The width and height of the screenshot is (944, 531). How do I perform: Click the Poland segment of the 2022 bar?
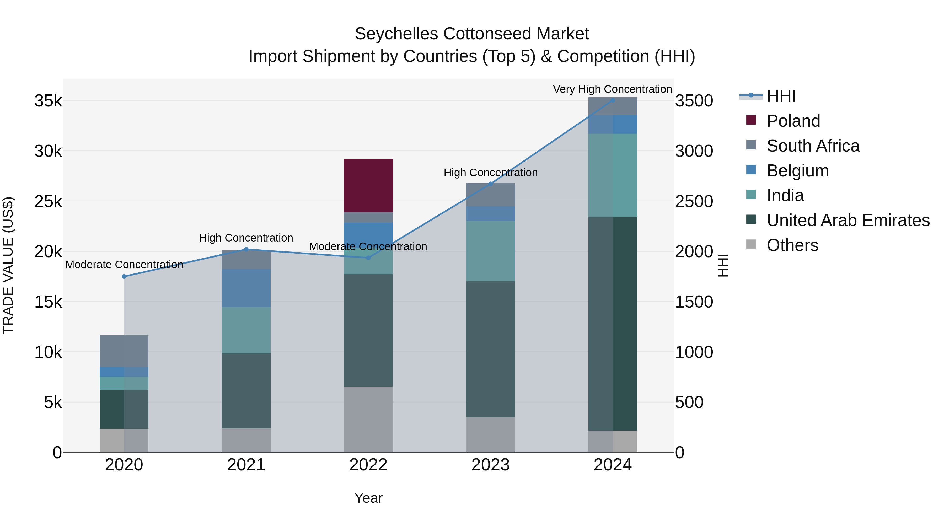pos(368,185)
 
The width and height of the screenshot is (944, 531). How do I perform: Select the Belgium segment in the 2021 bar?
pos(246,288)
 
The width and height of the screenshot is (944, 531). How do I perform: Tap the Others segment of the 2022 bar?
pos(368,419)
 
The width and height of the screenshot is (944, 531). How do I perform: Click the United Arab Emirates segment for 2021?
pos(246,391)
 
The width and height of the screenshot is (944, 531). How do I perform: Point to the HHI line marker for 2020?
pos(124,277)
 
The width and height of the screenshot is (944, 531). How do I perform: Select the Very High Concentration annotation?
pos(612,89)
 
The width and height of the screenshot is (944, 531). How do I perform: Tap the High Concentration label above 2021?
pos(246,238)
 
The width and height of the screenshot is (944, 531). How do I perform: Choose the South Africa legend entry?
pos(813,146)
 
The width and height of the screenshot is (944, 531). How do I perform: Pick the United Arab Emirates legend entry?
pos(848,221)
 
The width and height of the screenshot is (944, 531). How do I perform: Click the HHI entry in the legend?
pos(781,96)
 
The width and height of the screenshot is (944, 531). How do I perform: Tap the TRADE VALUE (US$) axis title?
pos(8,265)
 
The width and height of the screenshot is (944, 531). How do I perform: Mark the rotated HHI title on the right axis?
pos(723,265)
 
